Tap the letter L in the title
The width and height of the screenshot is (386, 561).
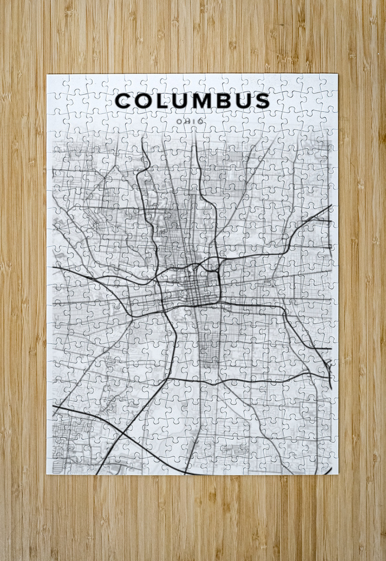pos(162,101)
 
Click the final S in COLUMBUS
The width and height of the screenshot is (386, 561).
pos(262,101)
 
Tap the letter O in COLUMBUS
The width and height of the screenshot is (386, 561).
pos(144,101)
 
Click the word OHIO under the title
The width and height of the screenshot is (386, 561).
pos(189,121)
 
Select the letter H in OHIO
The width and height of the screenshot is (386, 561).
pos(185,121)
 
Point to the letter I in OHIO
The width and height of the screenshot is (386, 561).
pos(193,121)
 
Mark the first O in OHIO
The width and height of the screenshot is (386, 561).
pos(176,121)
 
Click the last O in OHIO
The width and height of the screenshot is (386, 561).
pos(200,121)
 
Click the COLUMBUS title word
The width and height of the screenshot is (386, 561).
pos(193,101)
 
